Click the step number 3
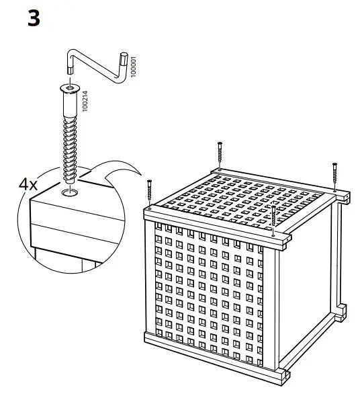34,18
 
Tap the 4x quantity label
28,184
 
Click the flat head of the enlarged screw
70,87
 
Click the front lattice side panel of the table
208,282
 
